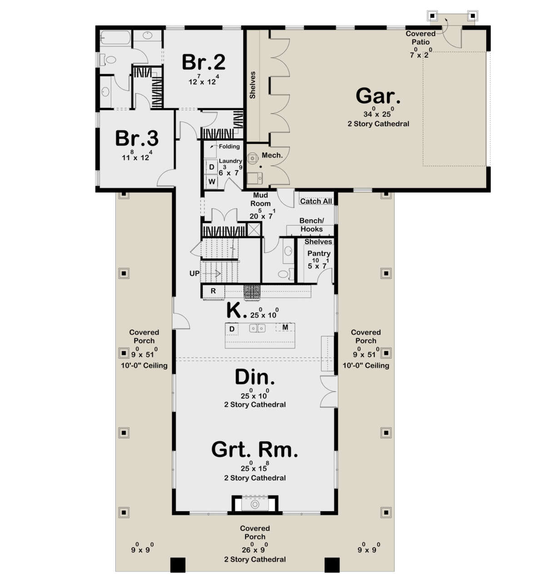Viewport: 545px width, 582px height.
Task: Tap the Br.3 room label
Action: pos(136,138)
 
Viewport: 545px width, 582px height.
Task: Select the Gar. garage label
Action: pos(378,96)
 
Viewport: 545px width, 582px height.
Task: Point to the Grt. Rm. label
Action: pos(254,449)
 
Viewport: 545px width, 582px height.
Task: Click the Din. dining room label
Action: pos(254,377)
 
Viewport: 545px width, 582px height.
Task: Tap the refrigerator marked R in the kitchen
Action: pos(213,291)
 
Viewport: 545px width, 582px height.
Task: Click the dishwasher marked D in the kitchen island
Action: pos(232,329)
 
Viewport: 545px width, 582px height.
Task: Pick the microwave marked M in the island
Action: pos(285,327)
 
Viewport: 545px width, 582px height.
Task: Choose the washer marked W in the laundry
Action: pos(212,182)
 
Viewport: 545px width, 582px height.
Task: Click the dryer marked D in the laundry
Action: pos(212,167)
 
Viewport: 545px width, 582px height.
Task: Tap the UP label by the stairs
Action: pos(194,273)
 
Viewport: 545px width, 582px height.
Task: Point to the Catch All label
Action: pos(316,201)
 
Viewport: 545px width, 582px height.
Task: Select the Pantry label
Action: pos(319,253)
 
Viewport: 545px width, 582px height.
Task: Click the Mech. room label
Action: pos(272,155)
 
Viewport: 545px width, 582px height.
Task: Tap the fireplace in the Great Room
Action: pos(255,504)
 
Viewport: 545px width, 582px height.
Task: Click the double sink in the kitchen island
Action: pos(257,328)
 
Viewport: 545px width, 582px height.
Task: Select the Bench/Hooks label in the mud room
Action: pos(312,225)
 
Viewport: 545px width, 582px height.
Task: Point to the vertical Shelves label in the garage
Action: pos(253,85)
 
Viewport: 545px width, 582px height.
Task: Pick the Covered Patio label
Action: pos(421,38)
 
